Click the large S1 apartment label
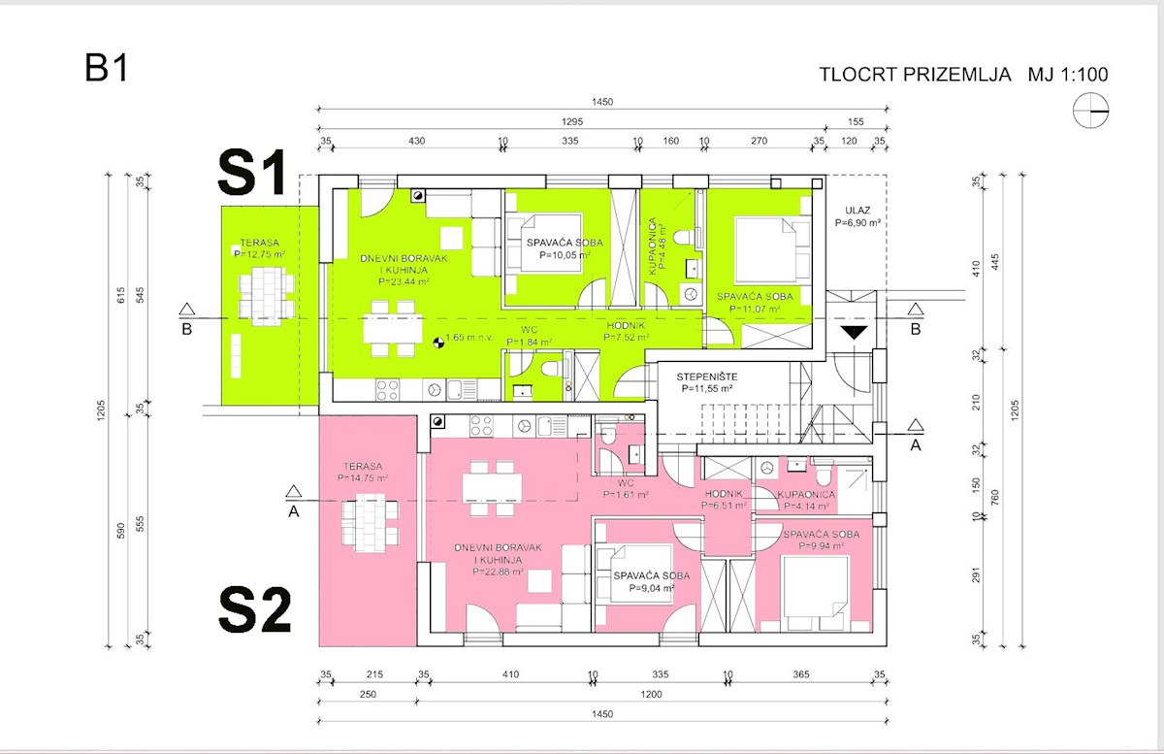[x=252, y=172]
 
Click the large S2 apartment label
[x=254, y=609]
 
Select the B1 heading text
[x=106, y=68]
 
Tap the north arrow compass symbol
[x=1090, y=111]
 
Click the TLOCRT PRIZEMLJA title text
[x=915, y=75]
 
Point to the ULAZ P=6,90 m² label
[x=857, y=216]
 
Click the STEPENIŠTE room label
[x=707, y=382]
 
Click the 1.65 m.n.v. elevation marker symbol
[x=439, y=343]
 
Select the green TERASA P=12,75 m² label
[x=259, y=248]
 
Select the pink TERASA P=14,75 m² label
[x=363, y=473]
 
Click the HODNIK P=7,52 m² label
[x=627, y=331]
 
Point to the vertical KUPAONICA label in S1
[x=657, y=246]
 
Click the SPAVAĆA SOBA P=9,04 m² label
[x=652, y=582]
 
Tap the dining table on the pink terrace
[x=370, y=523]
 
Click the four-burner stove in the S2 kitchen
[x=482, y=426]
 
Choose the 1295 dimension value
[x=572, y=121]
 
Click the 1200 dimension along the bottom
[x=651, y=694]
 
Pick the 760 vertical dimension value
[x=995, y=498]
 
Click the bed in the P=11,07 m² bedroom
[x=773, y=250]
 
